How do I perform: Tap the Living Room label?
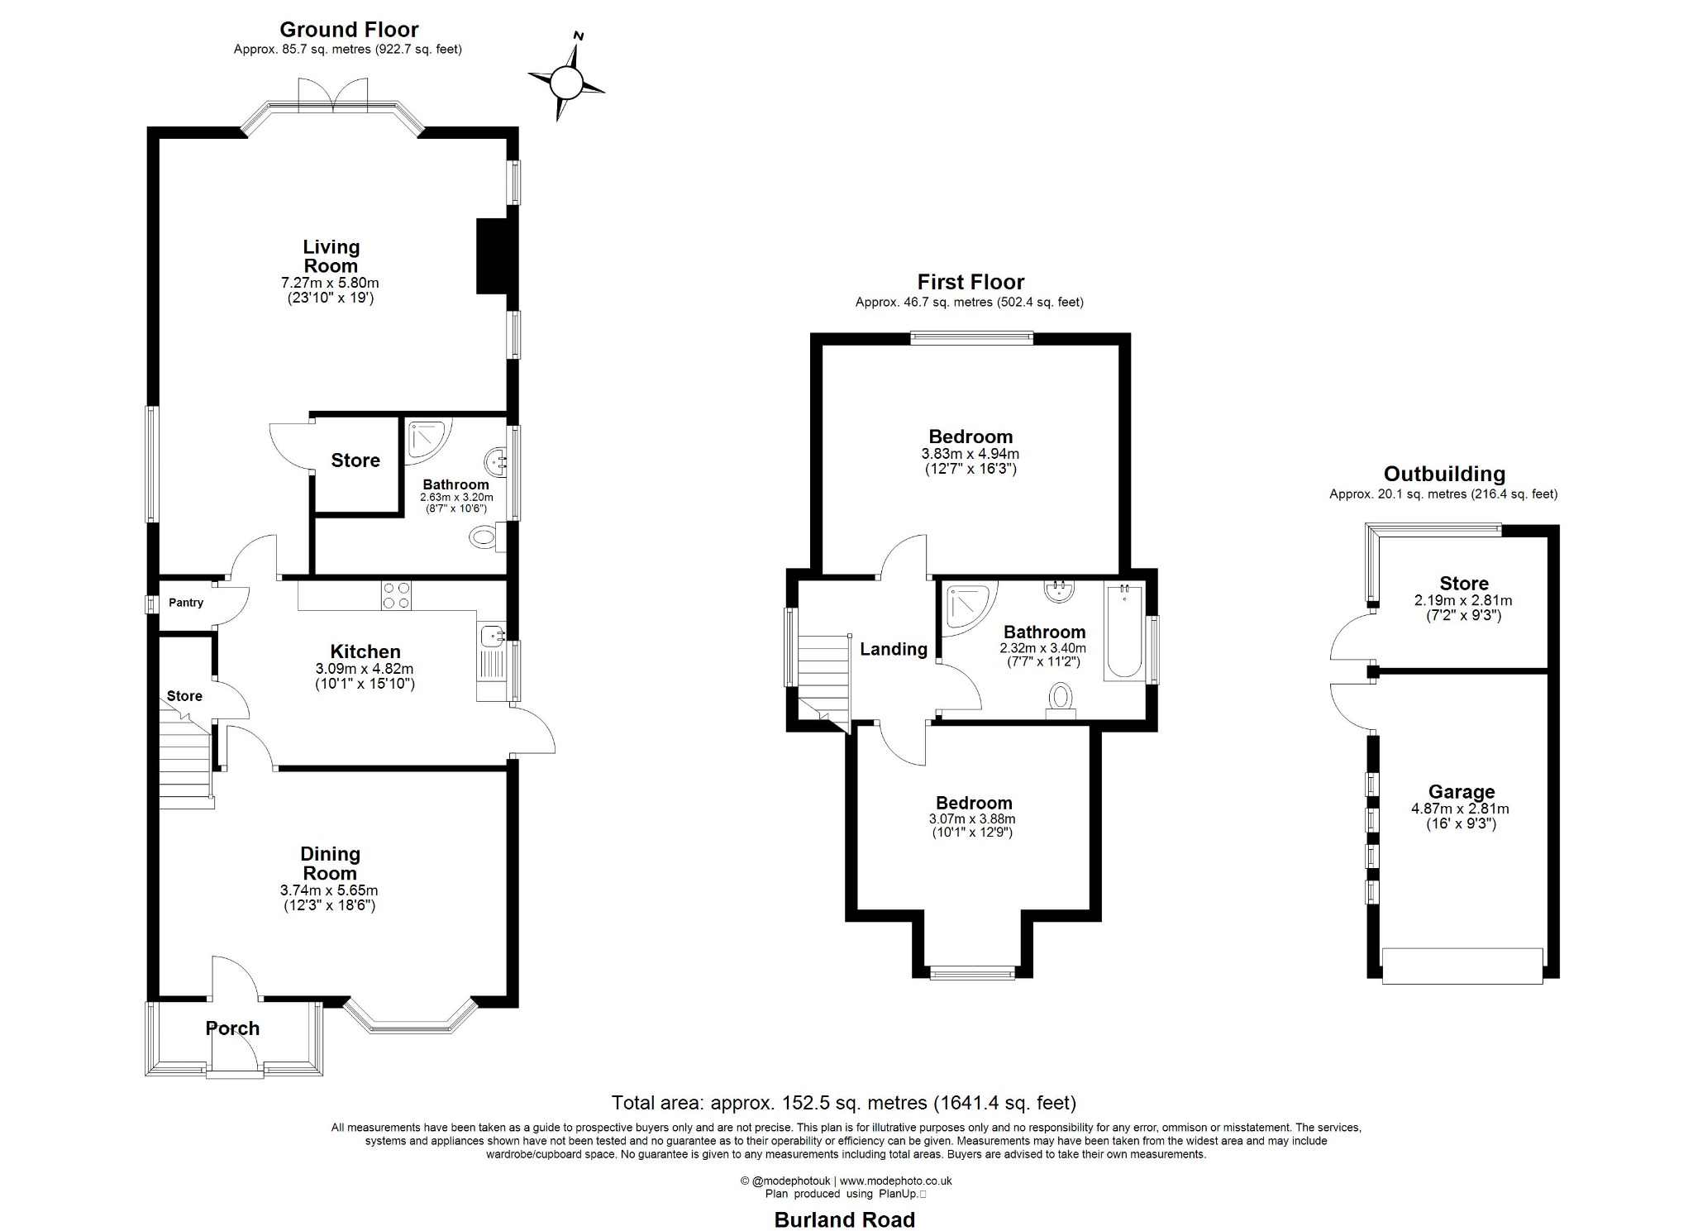[331, 256]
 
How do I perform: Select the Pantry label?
[186, 603]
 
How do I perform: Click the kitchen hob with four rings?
[397, 595]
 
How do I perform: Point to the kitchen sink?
[494, 637]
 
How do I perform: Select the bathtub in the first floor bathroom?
[1124, 632]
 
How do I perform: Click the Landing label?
[894, 649]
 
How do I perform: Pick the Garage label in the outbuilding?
[1462, 792]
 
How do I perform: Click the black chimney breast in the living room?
[492, 255]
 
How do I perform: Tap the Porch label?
[232, 1028]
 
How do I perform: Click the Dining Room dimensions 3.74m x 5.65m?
[329, 890]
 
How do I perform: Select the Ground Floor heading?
[349, 30]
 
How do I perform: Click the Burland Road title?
[845, 1219]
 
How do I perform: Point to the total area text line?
[844, 1102]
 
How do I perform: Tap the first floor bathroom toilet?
[1061, 699]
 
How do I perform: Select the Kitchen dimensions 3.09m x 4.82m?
[365, 669]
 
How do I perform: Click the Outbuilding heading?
[1444, 474]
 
